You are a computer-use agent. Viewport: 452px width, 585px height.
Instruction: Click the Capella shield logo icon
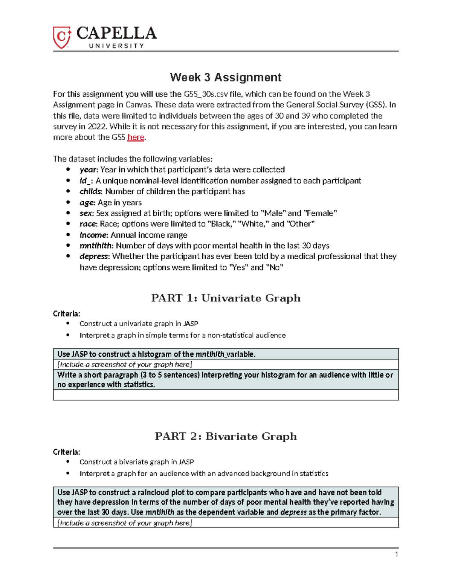[x=62, y=37]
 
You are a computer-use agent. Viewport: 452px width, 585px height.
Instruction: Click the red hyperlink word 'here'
[x=136, y=137]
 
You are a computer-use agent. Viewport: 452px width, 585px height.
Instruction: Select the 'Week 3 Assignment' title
[x=226, y=77]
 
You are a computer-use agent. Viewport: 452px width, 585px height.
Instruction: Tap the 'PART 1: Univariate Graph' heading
[x=226, y=298]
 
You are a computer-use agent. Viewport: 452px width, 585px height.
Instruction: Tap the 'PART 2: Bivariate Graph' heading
[x=226, y=436]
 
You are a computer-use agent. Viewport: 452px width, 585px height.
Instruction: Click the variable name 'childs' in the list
[x=90, y=191]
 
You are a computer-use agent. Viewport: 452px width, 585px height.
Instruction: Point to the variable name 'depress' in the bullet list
[x=94, y=257]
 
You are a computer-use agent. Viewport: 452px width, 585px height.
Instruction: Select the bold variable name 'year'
[x=88, y=170]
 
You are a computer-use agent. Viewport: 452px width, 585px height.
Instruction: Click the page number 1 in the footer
[x=396, y=554]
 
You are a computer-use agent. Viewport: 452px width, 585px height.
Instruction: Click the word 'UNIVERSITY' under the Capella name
[x=116, y=46]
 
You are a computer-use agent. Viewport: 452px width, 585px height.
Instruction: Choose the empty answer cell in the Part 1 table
[x=226, y=395]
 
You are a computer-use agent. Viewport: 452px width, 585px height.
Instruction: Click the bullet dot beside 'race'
[x=68, y=224]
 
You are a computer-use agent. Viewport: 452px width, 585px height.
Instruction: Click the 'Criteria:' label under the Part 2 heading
[x=67, y=452]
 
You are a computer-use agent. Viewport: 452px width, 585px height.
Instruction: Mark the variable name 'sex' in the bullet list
[x=86, y=213]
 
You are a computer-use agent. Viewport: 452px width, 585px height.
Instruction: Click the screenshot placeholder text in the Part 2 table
[x=125, y=523]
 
